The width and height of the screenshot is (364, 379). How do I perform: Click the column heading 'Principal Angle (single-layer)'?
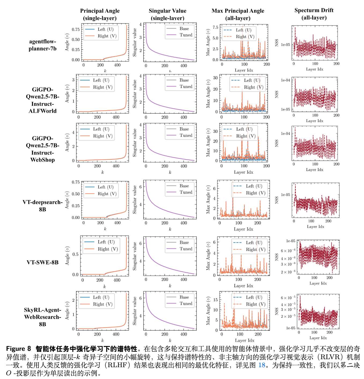[x=100, y=14]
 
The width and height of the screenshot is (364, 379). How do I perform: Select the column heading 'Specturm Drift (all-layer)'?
[x=314, y=14]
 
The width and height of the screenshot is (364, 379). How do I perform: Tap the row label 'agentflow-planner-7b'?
[x=43, y=45]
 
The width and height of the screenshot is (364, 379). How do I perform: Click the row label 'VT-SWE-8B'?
[x=42, y=262]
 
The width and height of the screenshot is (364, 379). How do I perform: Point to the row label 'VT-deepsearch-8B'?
[x=42, y=206]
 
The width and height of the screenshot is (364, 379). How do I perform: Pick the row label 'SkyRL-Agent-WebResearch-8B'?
[x=42, y=317]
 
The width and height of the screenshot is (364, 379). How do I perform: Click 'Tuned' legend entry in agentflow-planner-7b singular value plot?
[x=186, y=35]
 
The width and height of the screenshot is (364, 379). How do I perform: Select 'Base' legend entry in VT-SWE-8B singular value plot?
[x=184, y=242]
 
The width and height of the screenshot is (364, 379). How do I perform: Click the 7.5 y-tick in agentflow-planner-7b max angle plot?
[x=215, y=27]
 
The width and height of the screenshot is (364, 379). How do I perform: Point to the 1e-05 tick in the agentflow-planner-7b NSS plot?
[x=285, y=45]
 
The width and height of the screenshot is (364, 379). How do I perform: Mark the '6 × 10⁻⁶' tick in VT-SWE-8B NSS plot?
[x=288, y=251]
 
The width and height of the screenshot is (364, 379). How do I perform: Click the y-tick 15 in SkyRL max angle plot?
[x=215, y=300]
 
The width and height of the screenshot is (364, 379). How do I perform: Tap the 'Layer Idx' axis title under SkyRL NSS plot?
[x=318, y=338]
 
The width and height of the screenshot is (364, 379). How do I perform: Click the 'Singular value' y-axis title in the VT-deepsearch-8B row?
[x=135, y=200]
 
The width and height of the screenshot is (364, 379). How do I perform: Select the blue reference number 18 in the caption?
[x=262, y=365]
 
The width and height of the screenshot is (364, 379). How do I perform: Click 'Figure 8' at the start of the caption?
[x=18, y=349]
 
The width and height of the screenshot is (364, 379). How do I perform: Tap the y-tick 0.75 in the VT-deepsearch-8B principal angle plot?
[x=76, y=182]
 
